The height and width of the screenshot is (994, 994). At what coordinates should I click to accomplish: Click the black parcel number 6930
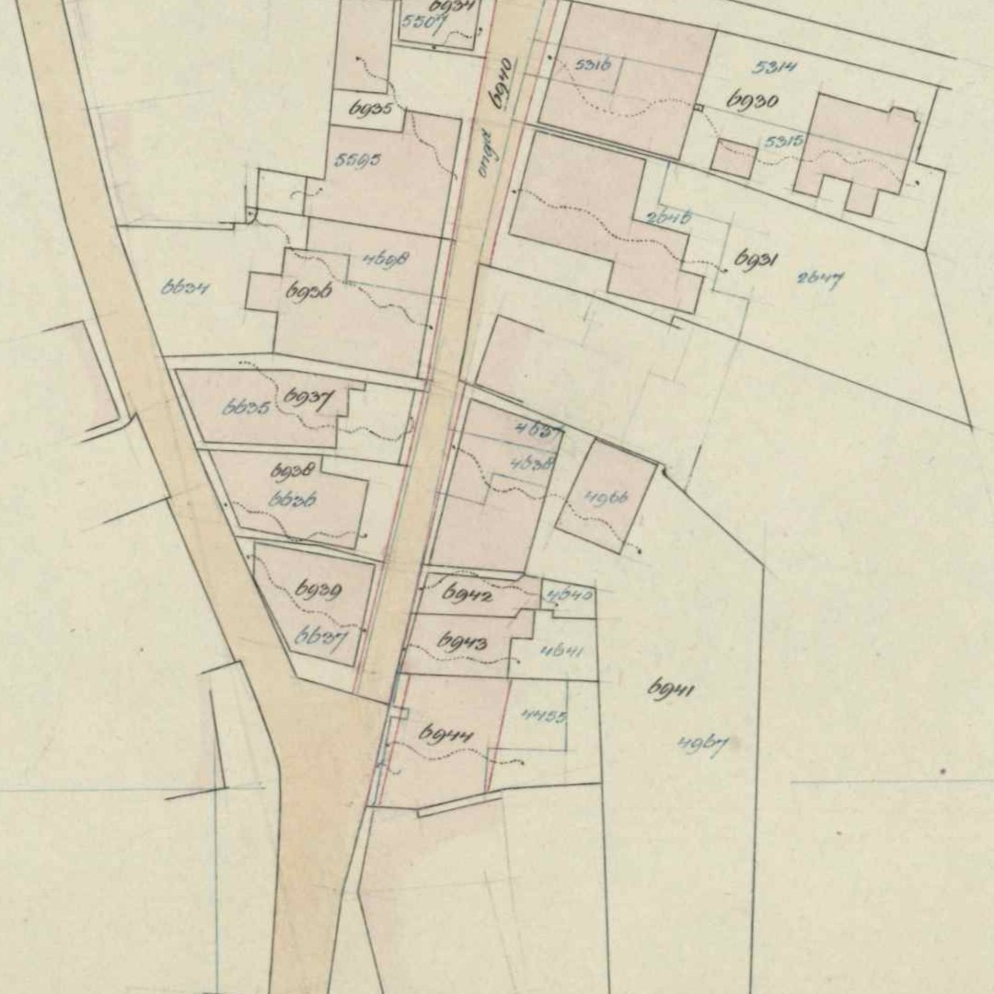(x=753, y=100)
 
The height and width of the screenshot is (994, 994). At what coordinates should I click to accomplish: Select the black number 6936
(x=309, y=293)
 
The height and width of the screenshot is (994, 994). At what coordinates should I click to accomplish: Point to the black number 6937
(x=307, y=398)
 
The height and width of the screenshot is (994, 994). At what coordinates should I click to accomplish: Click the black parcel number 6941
(x=671, y=688)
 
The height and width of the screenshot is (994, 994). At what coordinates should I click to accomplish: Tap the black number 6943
(x=462, y=641)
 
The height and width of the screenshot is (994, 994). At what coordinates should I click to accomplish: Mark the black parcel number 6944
(x=445, y=734)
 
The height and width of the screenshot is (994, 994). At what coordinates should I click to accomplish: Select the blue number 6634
(x=186, y=288)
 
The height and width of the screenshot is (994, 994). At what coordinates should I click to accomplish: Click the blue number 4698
(x=385, y=260)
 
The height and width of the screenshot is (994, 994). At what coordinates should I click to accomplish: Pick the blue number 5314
(x=774, y=66)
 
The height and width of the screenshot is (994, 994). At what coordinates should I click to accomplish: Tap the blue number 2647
(x=819, y=278)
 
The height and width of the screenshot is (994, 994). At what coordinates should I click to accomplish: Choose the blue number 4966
(x=607, y=498)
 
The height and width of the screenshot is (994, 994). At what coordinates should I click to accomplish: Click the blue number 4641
(x=562, y=651)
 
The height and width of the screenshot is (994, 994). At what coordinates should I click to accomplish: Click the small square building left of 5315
(x=734, y=159)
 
